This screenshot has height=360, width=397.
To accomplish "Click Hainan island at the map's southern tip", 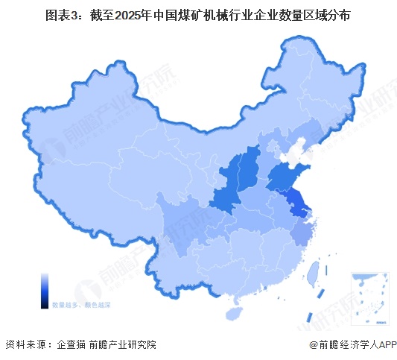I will (236, 302).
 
